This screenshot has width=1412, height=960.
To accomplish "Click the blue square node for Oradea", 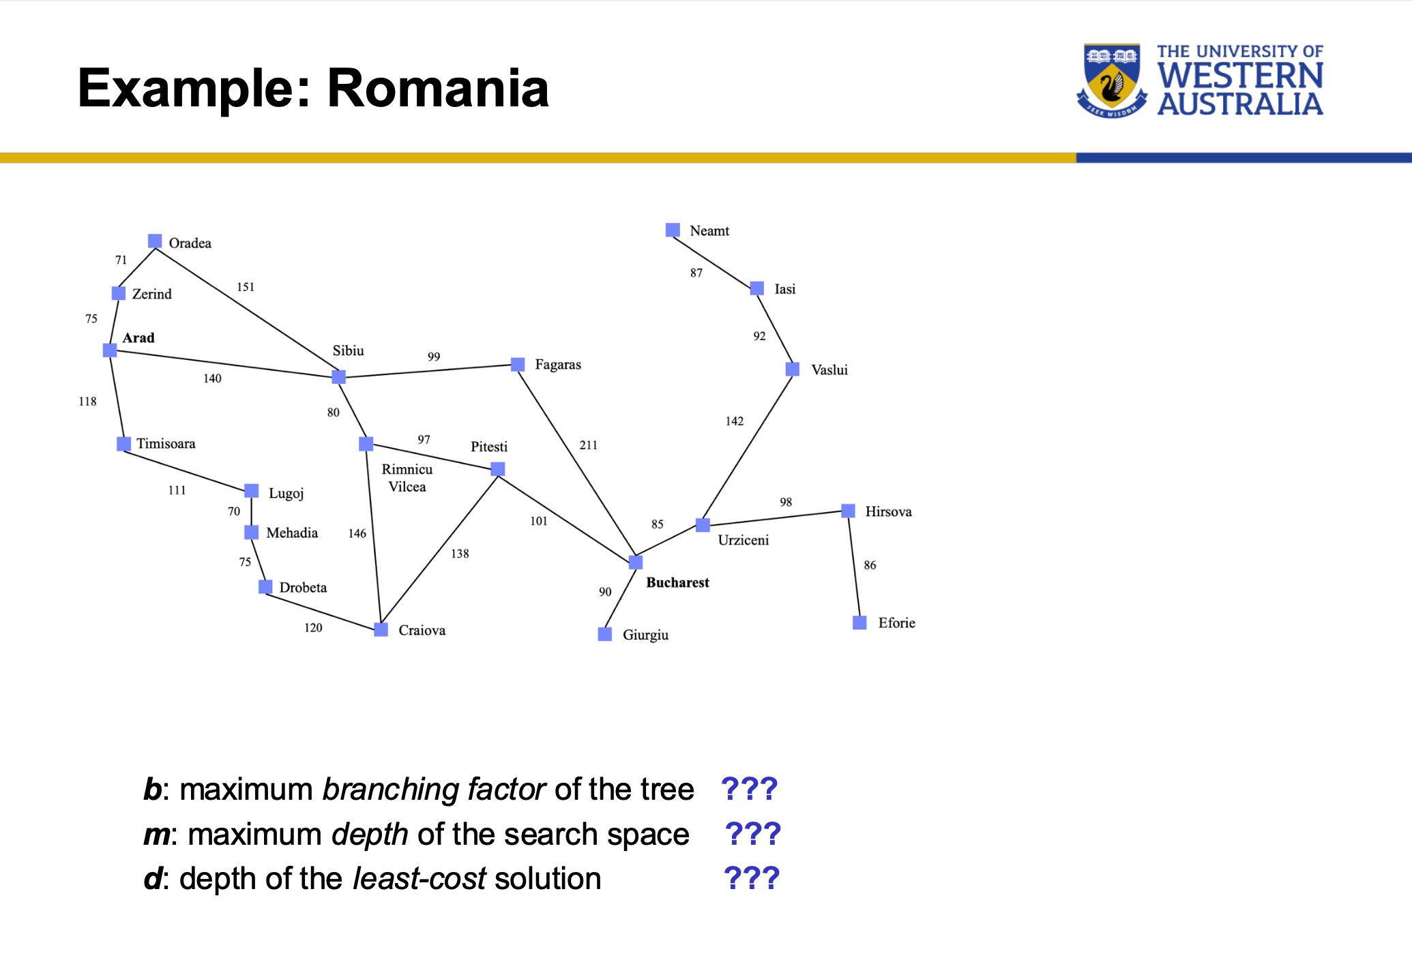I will click(x=155, y=241).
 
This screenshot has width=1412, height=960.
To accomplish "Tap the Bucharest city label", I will click(x=677, y=582).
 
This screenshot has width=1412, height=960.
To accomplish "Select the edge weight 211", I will click(x=588, y=445).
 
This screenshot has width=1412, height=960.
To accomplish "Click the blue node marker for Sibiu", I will click(x=338, y=377).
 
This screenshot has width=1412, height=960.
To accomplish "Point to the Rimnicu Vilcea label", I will click(x=407, y=478).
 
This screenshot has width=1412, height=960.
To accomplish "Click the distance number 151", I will click(x=246, y=287).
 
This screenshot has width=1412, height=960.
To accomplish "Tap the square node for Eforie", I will click(x=859, y=622).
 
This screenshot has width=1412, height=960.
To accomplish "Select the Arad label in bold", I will click(x=138, y=337).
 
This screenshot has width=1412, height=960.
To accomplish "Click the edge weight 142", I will click(x=734, y=421).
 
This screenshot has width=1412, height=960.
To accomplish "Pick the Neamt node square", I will click(x=673, y=230).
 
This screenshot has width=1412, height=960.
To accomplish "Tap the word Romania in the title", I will click(x=438, y=89).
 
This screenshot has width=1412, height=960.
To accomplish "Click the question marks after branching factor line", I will click(x=749, y=790).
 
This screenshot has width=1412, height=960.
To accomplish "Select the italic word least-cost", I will click(x=419, y=878).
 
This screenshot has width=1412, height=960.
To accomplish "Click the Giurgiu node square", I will click(x=604, y=634).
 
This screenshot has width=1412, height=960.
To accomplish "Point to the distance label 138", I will click(x=460, y=554).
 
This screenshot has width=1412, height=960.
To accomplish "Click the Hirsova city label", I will click(x=888, y=511).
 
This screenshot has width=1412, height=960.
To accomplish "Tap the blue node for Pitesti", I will click(x=498, y=469).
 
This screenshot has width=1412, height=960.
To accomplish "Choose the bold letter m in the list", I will click(x=156, y=835).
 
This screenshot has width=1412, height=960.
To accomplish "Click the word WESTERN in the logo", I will click(x=1240, y=76).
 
